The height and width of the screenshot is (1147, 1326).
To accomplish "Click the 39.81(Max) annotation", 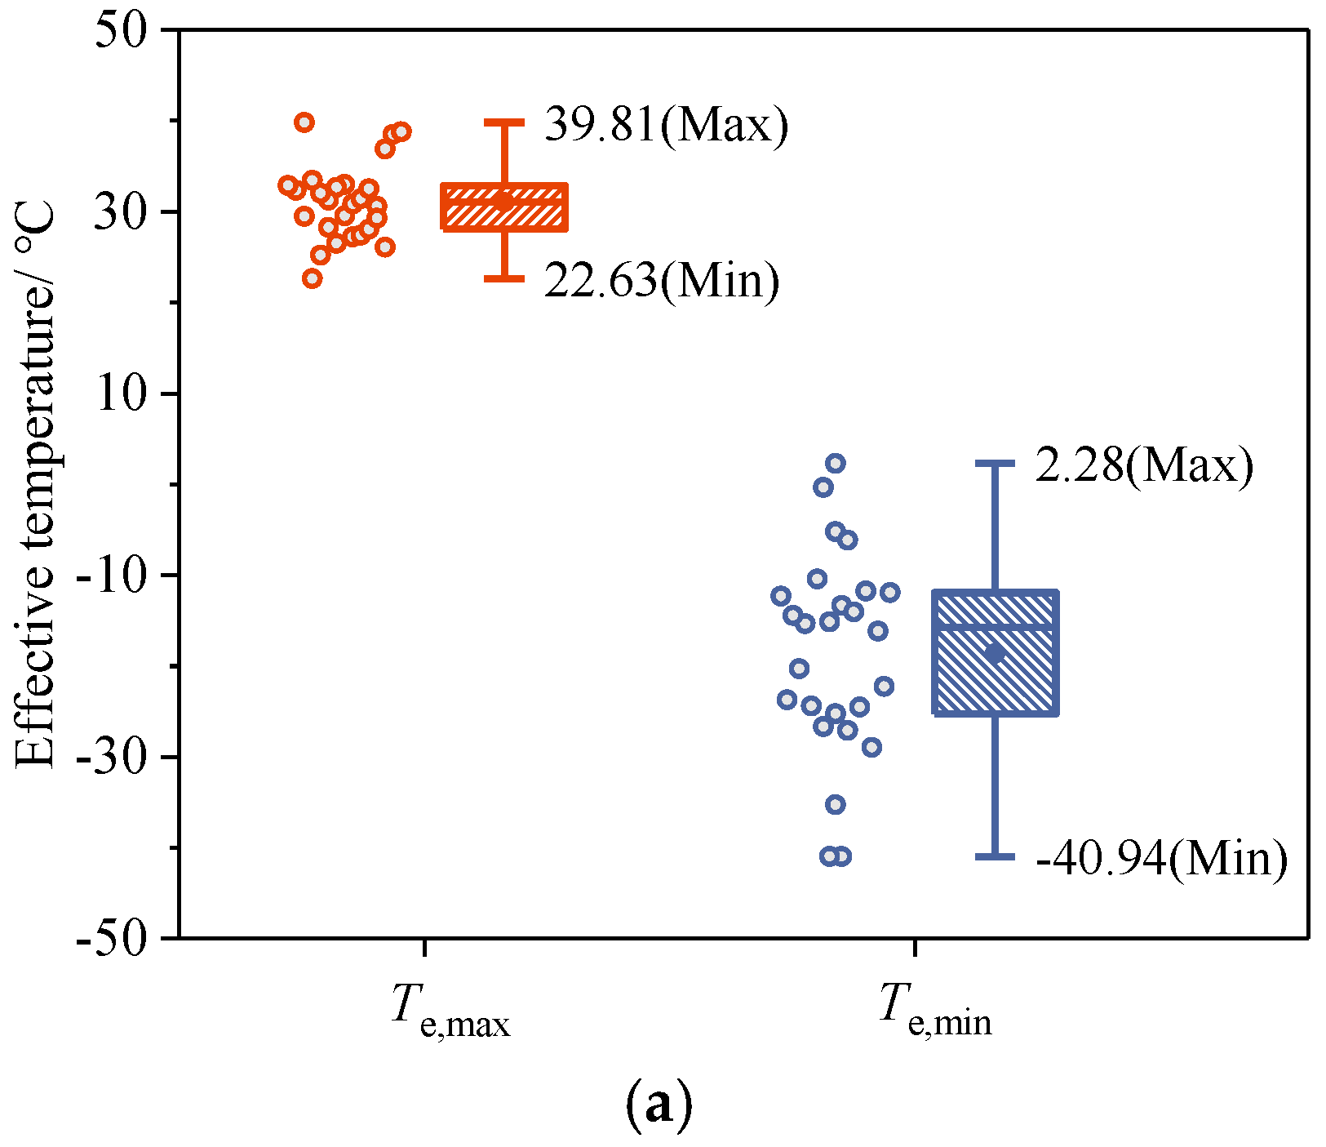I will [666, 125].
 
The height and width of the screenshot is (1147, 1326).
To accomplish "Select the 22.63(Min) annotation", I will [661, 281].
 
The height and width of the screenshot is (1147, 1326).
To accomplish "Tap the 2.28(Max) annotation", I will [1144, 466].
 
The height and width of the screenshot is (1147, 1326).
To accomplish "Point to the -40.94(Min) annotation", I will [1162, 858].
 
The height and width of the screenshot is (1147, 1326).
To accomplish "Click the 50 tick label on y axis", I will [122, 33].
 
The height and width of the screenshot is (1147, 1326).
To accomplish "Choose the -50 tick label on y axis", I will [113, 940].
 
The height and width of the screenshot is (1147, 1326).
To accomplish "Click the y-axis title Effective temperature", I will [34, 487].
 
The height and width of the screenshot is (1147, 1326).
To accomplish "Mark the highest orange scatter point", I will [304, 122].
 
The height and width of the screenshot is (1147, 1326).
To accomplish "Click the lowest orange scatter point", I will [312, 278].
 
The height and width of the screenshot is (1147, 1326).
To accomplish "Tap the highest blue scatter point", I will [836, 464].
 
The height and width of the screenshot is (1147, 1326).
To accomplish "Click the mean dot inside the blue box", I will [994, 653].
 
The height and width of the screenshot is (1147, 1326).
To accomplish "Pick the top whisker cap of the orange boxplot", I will [504, 122].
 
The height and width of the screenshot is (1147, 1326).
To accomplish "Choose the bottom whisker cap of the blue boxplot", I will [995, 856].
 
